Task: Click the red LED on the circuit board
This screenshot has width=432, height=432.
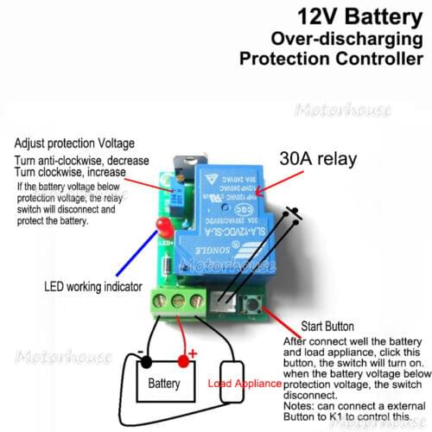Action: click(161, 227)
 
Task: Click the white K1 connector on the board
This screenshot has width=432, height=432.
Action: click(224, 300)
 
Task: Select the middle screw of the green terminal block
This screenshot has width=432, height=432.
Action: click(181, 302)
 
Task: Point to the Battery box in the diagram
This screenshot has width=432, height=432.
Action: click(164, 382)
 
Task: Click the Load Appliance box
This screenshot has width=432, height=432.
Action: click(233, 381)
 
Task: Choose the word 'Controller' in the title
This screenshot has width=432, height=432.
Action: click(379, 59)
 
